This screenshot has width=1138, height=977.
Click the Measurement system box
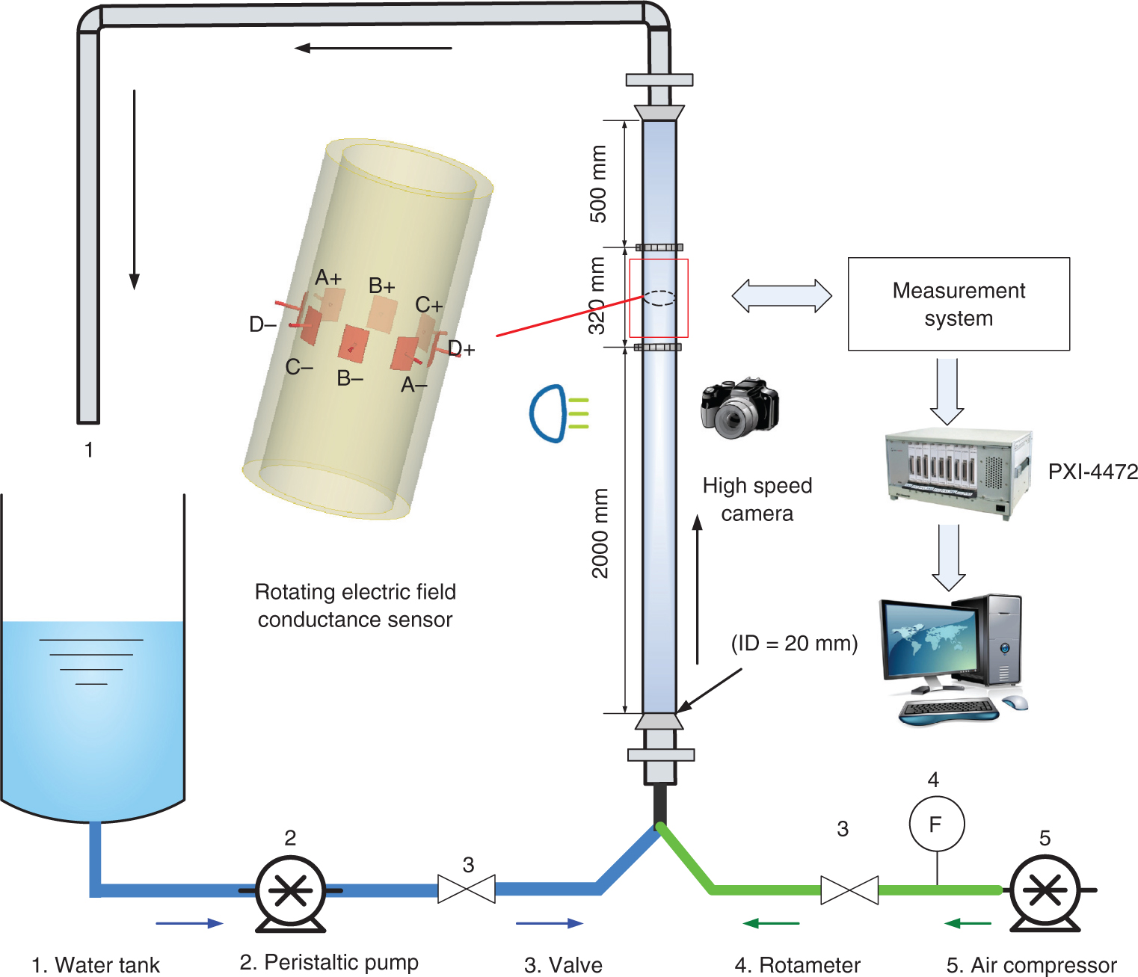click(x=959, y=304)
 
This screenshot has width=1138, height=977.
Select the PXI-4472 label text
click(x=1092, y=472)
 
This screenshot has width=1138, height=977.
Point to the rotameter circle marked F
click(x=936, y=824)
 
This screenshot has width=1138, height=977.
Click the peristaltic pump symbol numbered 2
click(x=290, y=890)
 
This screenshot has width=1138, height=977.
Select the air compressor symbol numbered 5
click(x=1045, y=890)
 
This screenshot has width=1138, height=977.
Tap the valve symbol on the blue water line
click(x=467, y=890)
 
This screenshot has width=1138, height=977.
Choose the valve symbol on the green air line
click(x=849, y=890)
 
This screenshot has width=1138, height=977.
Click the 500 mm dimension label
click(x=598, y=184)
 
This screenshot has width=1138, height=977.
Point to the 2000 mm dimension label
click(x=600, y=533)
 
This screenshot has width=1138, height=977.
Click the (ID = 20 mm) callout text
click(x=794, y=643)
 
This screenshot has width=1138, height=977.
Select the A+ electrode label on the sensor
click(x=327, y=278)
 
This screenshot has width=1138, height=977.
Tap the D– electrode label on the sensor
click(x=262, y=324)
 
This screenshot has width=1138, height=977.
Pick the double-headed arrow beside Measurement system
click(x=781, y=296)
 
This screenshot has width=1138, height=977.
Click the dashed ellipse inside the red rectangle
click(x=659, y=298)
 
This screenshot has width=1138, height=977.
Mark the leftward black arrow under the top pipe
click(x=373, y=49)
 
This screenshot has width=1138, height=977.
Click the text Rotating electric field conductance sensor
click(x=355, y=605)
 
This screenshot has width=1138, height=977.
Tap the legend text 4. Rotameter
click(x=797, y=964)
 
